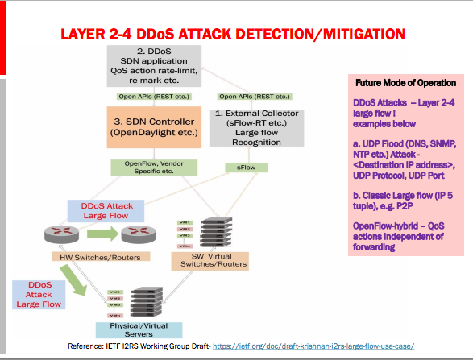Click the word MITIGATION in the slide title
(x=353, y=35)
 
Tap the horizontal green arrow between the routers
(x=95, y=234)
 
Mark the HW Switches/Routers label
(x=95, y=256)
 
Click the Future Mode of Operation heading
(x=405, y=83)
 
